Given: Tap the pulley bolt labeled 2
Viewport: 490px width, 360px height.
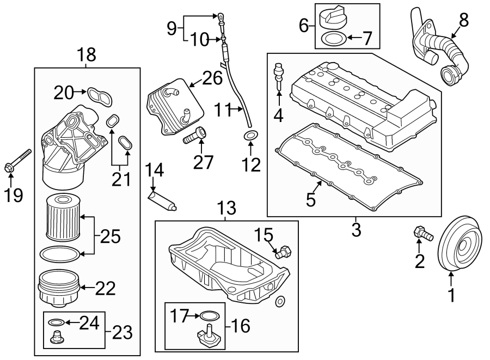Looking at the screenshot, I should click(x=422, y=233).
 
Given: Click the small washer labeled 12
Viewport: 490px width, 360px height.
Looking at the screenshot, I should click(x=250, y=135).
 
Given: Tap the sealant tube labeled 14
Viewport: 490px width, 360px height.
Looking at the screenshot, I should click(x=162, y=198).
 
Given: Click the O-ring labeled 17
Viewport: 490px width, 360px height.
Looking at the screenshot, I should click(x=209, y=314).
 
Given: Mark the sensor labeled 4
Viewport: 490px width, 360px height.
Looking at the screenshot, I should click(x=279, y=76).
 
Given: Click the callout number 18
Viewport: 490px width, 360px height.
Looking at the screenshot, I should click(x=87, y=54).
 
